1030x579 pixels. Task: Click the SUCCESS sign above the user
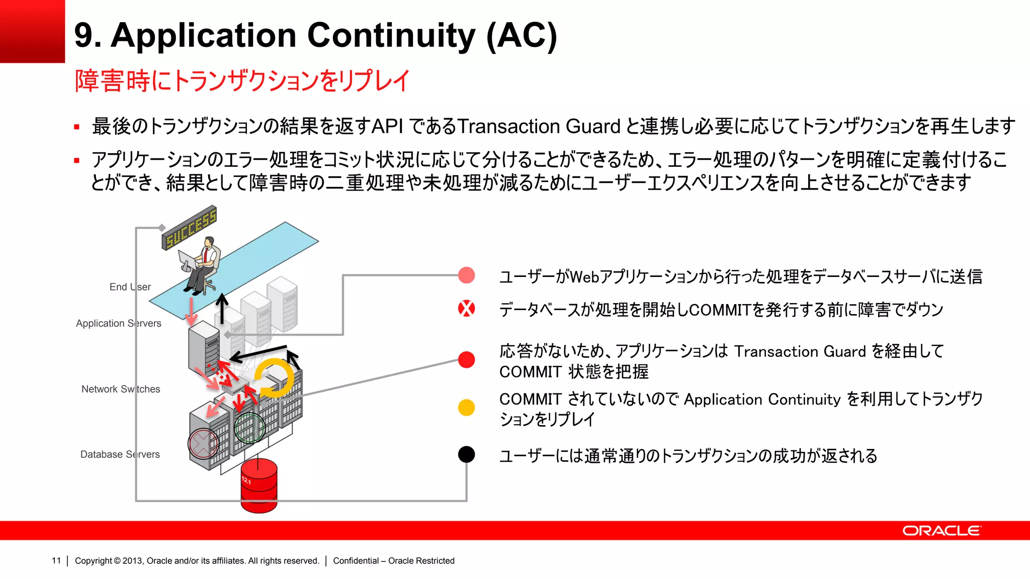(x=189, y=228)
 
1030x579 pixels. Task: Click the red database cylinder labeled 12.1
(x=259, y=486)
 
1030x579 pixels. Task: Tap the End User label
(x=130, y=287)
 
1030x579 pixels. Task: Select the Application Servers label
(x=119, y=324)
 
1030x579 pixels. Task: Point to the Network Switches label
(x=121, y=389)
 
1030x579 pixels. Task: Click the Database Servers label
(x=120, y=454)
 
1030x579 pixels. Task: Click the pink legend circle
(x=466, y=275)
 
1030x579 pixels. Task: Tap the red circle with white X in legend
(x=466, y=309)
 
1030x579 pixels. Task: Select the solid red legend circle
(x=466, y=360)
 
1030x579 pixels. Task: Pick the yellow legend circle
(x=466, y=407)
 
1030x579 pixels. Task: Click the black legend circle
(x=466, y=454)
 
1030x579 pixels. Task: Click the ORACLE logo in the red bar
(x=941, y=531)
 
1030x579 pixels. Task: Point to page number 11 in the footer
(x=56, y=561)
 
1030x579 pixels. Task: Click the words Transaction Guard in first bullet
(x=539, y=127)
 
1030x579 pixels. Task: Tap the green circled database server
(x=249, y=428)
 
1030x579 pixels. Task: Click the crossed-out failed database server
(x=203, y=444)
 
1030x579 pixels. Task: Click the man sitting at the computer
(x=201, y=266)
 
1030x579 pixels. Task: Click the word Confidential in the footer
(x=356, y=561)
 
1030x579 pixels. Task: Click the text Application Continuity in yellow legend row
(x=762, y=400)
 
